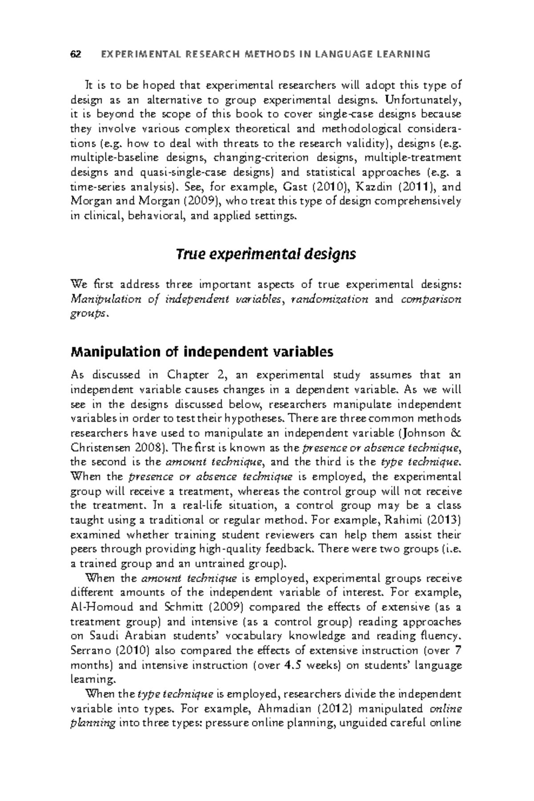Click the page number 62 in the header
point(76,55)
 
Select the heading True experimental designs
point(266,255)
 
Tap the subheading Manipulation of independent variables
point(202,352)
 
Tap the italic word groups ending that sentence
point(88,314)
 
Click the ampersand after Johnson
point(456,433)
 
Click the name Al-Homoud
point(98,607)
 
